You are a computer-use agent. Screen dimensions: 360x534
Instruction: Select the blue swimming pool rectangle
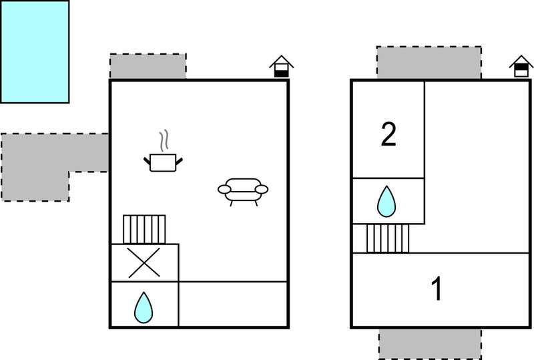click(x=35, y=51)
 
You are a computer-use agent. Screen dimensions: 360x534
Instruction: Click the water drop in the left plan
click(x=144, y=307)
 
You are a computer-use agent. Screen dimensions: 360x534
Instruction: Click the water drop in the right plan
click(x=387, y=201)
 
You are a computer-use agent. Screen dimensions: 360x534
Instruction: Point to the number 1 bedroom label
click(x=437, y=290)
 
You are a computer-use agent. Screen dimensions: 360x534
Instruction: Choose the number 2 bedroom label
click(x=388, y=135)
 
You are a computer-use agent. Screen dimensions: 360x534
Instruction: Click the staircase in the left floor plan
click(x=144, y=229)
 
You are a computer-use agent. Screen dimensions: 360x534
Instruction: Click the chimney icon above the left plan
click(x=282, y=66)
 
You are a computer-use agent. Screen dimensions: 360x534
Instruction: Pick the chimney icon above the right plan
click(x=521, y=66)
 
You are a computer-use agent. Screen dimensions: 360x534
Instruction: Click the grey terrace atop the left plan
click(x=148, y=67)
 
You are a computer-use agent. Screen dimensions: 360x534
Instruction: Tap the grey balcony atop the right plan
click(x=429, y=63)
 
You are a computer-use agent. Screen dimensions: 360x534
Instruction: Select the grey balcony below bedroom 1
click(x=429, y=343)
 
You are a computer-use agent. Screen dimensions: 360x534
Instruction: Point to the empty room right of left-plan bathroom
click(x=233, y=304)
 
